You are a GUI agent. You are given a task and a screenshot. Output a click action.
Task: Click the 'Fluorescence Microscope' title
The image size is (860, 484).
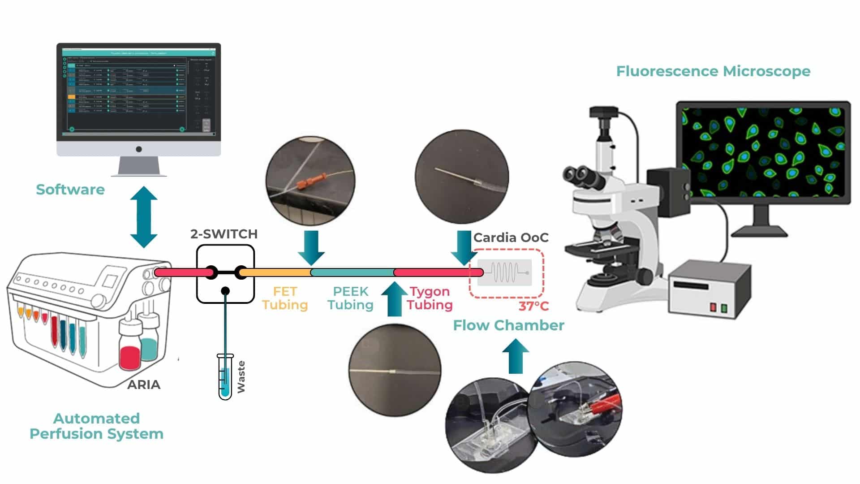pos(713,71)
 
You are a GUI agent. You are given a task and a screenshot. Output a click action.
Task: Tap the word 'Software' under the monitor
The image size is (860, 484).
pos(70,190)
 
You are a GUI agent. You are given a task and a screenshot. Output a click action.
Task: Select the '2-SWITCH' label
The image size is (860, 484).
pos(224,234)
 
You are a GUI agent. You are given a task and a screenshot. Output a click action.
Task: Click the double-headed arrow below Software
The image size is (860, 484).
pos(143,217)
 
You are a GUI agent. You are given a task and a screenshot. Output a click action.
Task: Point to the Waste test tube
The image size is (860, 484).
pos(225,376)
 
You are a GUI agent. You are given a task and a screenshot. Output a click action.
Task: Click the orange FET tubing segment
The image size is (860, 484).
pos(275,272)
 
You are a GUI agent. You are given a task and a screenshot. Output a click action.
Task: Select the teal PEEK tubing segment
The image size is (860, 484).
pos(352,272)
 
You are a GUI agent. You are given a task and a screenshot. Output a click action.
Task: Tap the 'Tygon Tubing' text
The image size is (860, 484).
pos(430,298)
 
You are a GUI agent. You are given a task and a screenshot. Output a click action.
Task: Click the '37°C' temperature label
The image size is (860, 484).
pos(533,307)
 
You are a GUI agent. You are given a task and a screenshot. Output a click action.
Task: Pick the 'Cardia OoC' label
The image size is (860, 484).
pos(511,238)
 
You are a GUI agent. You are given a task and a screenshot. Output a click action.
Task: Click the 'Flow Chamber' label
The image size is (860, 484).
pos(508,325)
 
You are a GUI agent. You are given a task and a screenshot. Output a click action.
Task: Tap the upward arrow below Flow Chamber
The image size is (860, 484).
pos(516,356)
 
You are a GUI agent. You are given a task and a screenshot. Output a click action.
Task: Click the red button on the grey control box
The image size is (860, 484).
pos(713,307)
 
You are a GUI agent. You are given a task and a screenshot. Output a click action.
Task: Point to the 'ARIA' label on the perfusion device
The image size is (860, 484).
pos(143,385)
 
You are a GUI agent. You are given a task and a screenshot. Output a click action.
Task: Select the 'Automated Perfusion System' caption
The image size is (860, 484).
pos(96,426)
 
